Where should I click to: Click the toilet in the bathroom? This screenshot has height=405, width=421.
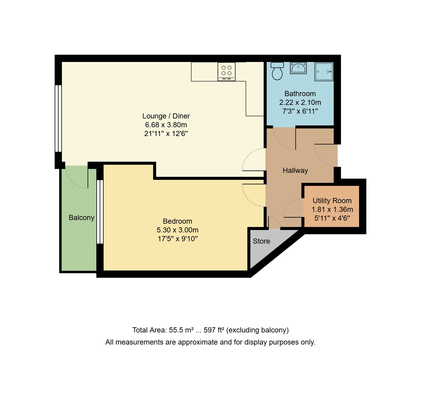coord(277,71)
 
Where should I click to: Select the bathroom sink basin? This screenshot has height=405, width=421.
coord(298,68)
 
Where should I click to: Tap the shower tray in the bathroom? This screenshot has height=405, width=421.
coord(324,72)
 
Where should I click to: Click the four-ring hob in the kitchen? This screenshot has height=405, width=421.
coord(227,71)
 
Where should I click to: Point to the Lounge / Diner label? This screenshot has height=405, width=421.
coord(166,116)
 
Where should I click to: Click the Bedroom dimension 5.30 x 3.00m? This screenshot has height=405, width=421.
coord(177,230)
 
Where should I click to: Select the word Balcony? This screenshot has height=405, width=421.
coord(81,218)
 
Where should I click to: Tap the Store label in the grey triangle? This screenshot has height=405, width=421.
coord(261,241)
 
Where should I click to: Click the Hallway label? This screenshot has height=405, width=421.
coord(295,170)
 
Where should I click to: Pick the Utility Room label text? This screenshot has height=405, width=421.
coord(332,201)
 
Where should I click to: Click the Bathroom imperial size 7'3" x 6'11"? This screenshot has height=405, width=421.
coord(300,111)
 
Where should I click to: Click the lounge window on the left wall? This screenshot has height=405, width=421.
coord(58,118)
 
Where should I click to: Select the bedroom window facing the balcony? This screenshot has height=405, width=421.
coord(100,212)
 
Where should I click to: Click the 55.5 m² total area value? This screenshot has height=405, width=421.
coord(181,330)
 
